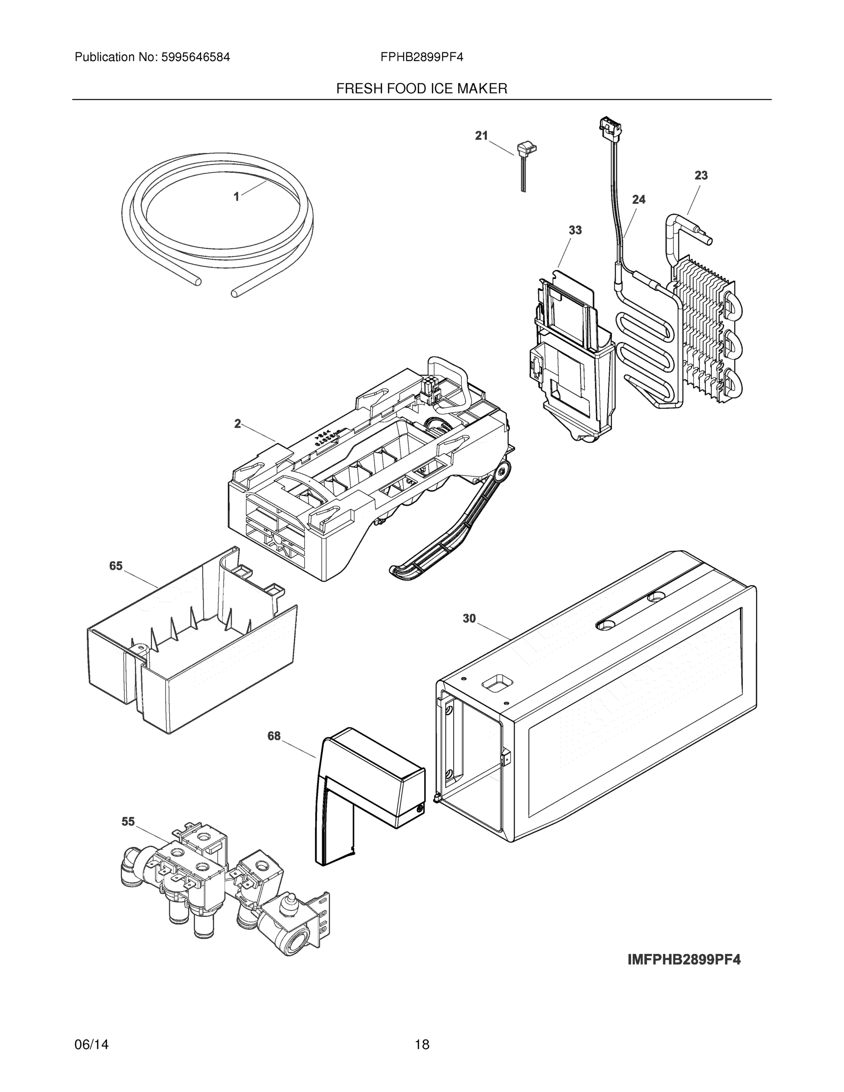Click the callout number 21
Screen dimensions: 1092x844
point(481,136)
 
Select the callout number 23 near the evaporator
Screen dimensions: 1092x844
point(701,176)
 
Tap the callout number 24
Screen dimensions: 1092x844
point(638,199)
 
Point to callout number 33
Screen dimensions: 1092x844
point(575,230)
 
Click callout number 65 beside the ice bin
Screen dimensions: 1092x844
point(116,566)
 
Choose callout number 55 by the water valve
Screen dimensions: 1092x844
point(128,821)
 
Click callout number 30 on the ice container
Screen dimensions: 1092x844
point(469,618)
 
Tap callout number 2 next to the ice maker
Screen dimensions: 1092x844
point(238,424)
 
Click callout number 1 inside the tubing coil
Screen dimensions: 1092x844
point(237,197)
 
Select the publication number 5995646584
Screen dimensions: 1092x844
point(196,57)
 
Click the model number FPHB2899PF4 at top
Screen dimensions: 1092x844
point(421,57)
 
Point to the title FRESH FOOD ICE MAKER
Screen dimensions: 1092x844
point(421,89)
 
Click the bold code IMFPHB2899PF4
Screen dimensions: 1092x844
point(684,960)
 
